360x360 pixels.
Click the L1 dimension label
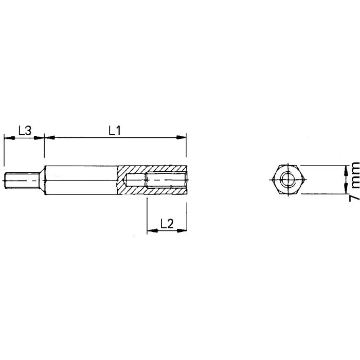114,131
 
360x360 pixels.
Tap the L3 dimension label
24,131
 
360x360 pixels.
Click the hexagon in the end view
288,180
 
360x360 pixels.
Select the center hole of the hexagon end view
288,180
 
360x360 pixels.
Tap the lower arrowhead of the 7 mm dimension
343,191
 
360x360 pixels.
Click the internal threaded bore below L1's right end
166,181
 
